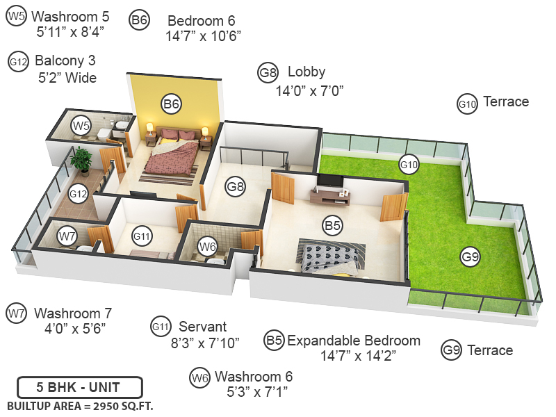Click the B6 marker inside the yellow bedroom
(x=171, y=104)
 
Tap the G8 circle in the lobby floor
(x=236, y=186)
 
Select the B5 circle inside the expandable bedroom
(x=332, y=225)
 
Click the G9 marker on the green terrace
(x=471, y=256)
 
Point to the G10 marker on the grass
(x=409, y=165)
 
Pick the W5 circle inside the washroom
(x=81, y=126)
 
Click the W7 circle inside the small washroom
(x=67, y=236)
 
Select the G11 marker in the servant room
(x=142, y=236)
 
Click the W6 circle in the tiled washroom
(x=207, y=245)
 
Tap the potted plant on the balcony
(x=81, y=159)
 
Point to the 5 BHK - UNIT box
(x=79, y=387)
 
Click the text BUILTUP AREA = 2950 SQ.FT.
(x=79, y=404)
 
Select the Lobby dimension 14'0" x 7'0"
(x=309, y=90)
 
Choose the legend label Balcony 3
(x=65, y=61)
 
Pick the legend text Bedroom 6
(x=202, y=21)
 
